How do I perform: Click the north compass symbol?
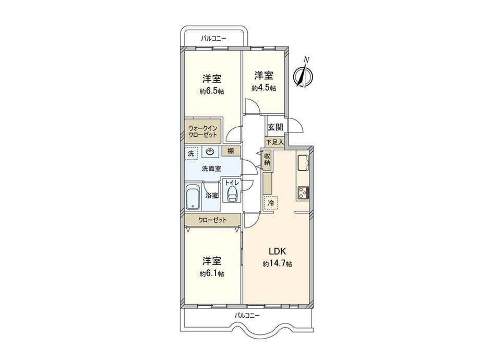tap(303, 74)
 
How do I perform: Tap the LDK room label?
tap(277, 251)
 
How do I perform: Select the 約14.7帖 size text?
tap(277, 264)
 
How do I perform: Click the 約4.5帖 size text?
tap(264, 88)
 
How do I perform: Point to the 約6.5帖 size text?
tap(212, 91)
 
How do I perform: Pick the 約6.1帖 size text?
tap(212, 273)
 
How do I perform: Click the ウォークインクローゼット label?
tap(202, 131)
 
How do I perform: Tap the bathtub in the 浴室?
tap(193, 197)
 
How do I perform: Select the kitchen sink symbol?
tap(303, 162)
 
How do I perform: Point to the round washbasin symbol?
tap(210, 152)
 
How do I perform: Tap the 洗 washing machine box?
tap(191, 153)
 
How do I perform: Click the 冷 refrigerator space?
tap(271, 202)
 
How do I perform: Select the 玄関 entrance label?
tap(275, 127)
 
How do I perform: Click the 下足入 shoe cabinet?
tap(274, 142)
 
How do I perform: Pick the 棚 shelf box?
tap(231, 151)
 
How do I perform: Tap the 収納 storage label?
tap(267, 159)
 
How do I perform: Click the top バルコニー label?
tap(213, 39)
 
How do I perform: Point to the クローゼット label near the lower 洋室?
tap(212, 220)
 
